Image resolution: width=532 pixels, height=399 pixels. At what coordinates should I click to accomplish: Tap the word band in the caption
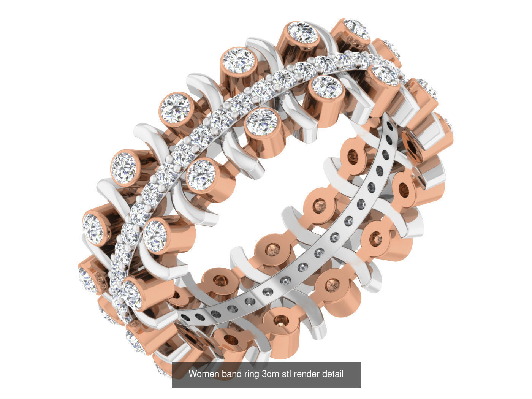tap(230, 374)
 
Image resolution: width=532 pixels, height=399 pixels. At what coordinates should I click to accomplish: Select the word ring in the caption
tap(251, 374)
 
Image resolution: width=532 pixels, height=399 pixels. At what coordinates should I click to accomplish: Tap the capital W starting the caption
tap(192, 374)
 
